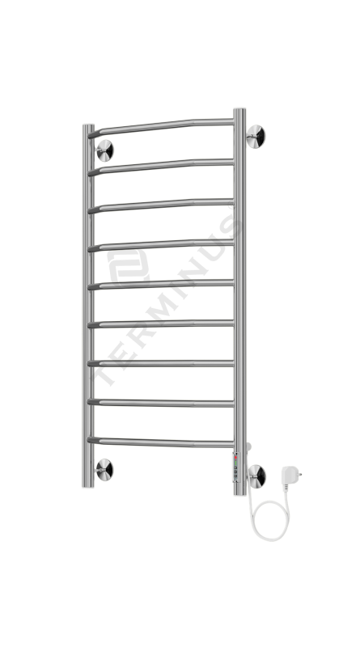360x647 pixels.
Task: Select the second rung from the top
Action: pyautogui.click(x=161, y=166)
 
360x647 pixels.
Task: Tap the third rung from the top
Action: pyautogui.click(x=161, y=205)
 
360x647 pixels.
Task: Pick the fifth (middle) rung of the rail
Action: pyautogui.click(x=161, y=284)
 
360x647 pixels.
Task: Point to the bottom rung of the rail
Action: pyautogui.click(x=161, y=442)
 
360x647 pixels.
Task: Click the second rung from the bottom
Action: pyautogui.click(x=161, y=403)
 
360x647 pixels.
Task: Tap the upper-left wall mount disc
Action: pyautogui.click(x=104, y=150)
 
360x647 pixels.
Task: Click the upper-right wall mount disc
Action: pyautogui.click(x=256, y=136)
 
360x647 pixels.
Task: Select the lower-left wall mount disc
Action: pyautogui.click(x=104, y=470)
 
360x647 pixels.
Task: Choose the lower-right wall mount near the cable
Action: pyautogui.click(x=256, y=476)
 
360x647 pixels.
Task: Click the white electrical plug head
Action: pyautogui.click(x=290, y=475)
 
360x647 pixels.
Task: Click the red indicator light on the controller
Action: pyautogui.click(x=235, y=458)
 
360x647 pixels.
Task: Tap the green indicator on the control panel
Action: pyautogui.click(x=235, y=463)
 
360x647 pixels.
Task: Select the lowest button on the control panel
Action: pyautogui.click(x=235, y=476)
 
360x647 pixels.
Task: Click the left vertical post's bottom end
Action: pyautogui.click(x=88, y=486)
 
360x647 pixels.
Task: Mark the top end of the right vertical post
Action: pyautogui.click(x=239, y=110)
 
